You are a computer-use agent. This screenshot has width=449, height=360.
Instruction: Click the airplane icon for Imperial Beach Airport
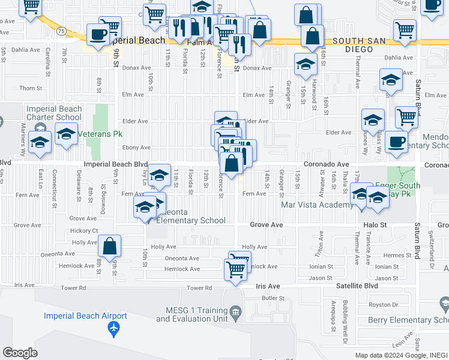[x=113, y=329]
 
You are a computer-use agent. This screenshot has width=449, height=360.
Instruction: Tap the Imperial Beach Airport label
[x=85, y=316]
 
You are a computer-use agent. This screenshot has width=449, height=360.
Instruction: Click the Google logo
[x=20, y=353]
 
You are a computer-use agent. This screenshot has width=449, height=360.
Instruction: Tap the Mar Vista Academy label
[x=318, y=205]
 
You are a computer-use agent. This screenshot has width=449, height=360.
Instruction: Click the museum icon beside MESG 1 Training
[x=235, y=311]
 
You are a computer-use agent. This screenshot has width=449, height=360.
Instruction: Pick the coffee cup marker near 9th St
[x=97, y=34]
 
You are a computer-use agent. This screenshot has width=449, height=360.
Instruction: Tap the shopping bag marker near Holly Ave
[x=110, y=245]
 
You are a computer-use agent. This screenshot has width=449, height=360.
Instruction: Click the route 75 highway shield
[x=61, y=30]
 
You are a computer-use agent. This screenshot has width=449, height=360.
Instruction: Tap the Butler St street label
[x=273, y=298]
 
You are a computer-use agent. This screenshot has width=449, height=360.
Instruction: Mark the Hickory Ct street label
[x=83, y=230]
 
